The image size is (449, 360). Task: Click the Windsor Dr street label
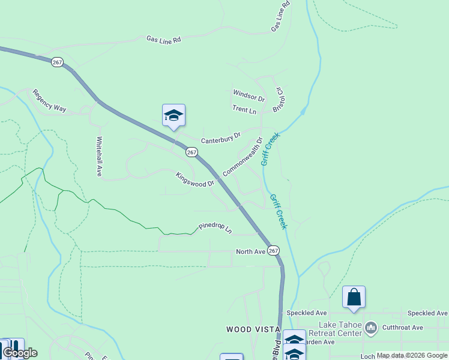[249, 95]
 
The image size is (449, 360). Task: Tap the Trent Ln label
[244, 110]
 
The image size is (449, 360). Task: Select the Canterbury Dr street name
[220, 139]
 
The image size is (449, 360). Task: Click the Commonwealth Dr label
[243, 157]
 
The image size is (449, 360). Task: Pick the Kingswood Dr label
[194, 179]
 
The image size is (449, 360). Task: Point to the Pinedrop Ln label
[215, 228]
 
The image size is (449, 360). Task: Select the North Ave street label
[250, 252]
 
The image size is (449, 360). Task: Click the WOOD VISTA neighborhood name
[253, 329]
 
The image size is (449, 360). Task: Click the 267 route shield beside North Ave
[273, 250]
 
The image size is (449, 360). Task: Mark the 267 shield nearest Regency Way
[58, 62]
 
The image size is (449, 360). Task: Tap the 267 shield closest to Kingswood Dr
[191, 152]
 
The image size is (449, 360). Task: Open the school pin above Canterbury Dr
[173, 115]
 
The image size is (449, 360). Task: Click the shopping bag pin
[354, 297]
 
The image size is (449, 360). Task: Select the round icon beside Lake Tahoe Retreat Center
[371, 328]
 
